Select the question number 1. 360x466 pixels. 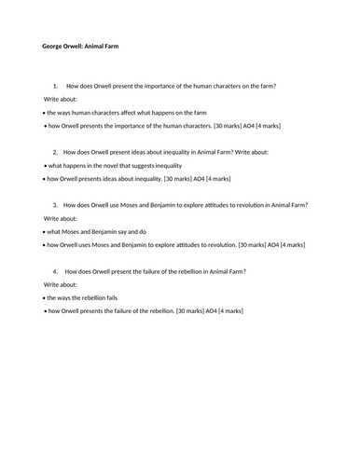[57, 86]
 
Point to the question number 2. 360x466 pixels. [57, 151]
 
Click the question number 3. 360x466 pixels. [57, 205]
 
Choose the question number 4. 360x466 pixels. [57, 271]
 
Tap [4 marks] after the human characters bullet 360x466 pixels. [267, 124]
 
